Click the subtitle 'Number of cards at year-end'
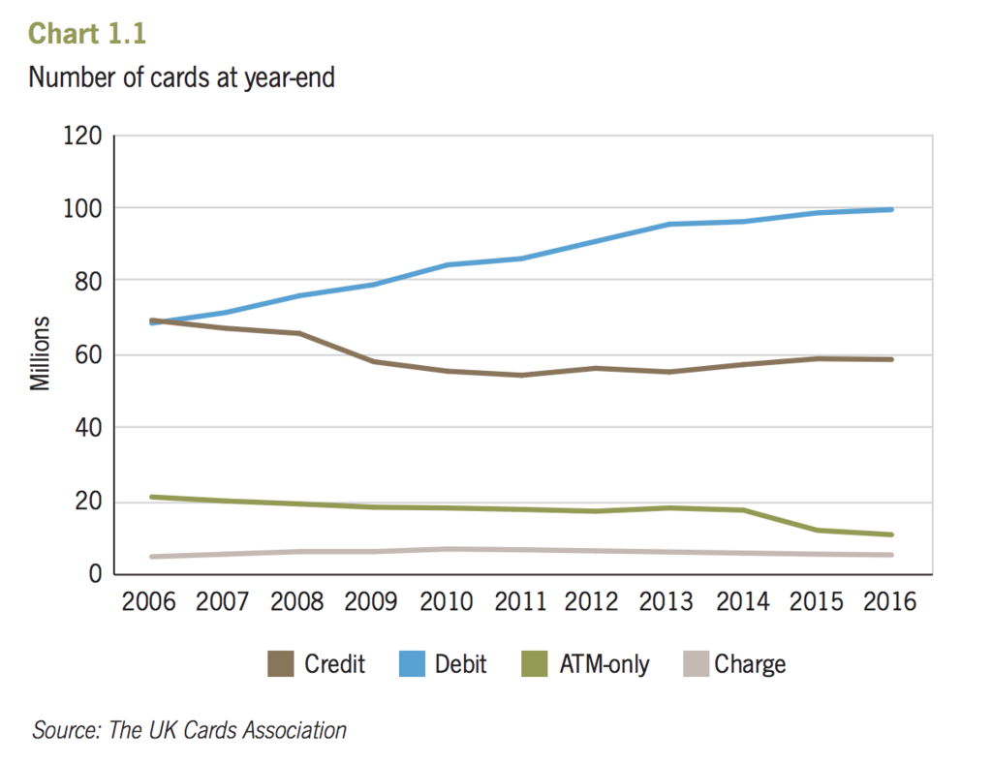181,77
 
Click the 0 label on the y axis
94,574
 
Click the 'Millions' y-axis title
40,353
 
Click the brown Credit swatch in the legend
280,664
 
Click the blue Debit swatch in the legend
412,664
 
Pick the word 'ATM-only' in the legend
604,664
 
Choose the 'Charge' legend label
750,664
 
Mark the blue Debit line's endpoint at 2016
890,209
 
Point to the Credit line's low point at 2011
521,375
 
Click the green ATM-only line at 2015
817,530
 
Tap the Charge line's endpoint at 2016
890,555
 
